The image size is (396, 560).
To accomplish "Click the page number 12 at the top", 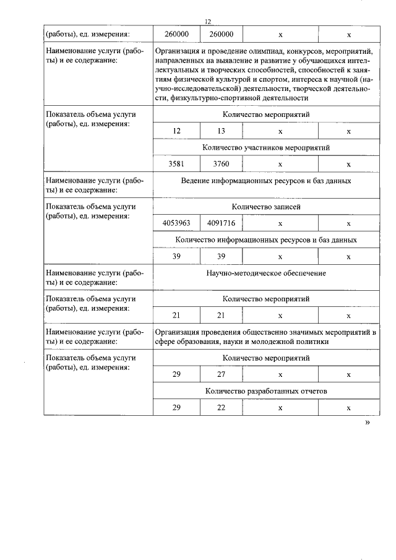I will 208,22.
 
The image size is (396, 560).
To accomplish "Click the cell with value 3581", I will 176,164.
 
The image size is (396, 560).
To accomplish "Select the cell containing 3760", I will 221,164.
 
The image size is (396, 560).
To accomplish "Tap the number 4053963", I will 176,223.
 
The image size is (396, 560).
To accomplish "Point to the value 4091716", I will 221,223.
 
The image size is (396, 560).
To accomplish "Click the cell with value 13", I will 221,131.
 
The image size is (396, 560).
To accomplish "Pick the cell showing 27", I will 221,374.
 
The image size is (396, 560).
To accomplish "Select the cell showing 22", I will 221,408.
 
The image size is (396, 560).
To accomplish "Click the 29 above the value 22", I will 176,408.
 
